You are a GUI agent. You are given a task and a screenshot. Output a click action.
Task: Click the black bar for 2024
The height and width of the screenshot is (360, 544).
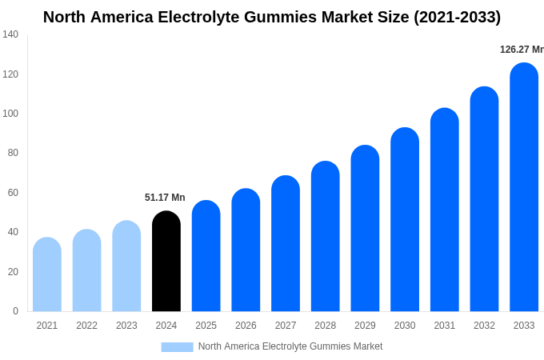pyautogui.click(x=166, y=262)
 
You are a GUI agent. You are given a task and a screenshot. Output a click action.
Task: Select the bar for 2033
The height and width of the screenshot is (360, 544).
pyautogui.click(x=524, y=188)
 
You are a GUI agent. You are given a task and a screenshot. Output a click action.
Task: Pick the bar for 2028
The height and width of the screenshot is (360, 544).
pyautogui.click(x=326, y=237)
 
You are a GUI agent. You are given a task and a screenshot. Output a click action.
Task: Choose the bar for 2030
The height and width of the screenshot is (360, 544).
pyautogui.click(x=405, y=220)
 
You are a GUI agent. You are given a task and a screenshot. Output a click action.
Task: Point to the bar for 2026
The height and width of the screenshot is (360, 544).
pyautogui.click(x=246, y=250)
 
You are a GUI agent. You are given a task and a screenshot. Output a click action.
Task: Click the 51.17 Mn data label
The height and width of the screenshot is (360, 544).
pyautogui.click(x=165, y=198)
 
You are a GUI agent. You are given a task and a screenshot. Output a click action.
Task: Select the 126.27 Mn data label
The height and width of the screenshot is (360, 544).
pyautogui.click(x=522, y=50)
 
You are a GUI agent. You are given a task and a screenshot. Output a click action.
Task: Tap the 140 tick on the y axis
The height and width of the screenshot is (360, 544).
pyautogui.click(x=10, y=34)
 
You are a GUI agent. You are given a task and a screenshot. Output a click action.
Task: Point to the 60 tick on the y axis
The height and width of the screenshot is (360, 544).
pyautogui.click(x=13, y=193)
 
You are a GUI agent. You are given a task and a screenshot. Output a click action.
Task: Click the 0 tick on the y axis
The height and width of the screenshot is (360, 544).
pyautogui.click(x=15, y=311)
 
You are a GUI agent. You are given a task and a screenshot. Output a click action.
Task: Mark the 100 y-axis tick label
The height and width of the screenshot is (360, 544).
pyautogui.click(x=10, y=114)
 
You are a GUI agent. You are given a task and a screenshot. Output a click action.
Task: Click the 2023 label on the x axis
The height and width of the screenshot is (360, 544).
pyautogui.click(x=126, y=326)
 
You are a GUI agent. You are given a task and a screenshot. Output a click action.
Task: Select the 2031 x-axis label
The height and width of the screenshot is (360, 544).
pyautogui.click(x=445, y=326)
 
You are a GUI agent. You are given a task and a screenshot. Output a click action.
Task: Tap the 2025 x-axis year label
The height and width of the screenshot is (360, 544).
pyautogui.click(x=206, y=326)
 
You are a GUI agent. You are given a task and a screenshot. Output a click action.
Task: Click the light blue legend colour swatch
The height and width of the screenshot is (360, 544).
pyautogui.click(x=177, y=346)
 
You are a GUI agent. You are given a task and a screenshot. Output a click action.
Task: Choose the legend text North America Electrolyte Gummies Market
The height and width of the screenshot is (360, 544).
pyautogui.click(x=290, y=346)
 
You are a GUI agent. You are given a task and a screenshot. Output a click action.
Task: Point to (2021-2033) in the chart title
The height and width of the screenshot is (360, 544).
pyautogui.click(x=457, y=17)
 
